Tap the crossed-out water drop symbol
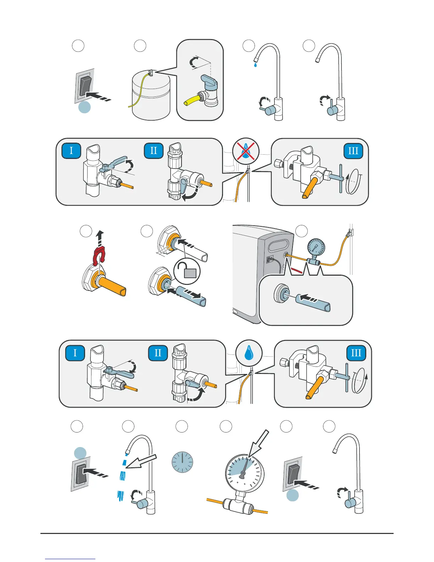(x=246, y=150)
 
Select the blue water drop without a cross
(x=249, y=353)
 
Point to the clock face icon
(x=182, y=462)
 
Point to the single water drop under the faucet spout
(x=255, y=65)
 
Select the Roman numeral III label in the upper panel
(x=353, y=150)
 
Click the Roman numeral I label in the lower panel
(x=75, y=353)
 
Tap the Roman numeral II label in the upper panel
(x=154, y=150)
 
